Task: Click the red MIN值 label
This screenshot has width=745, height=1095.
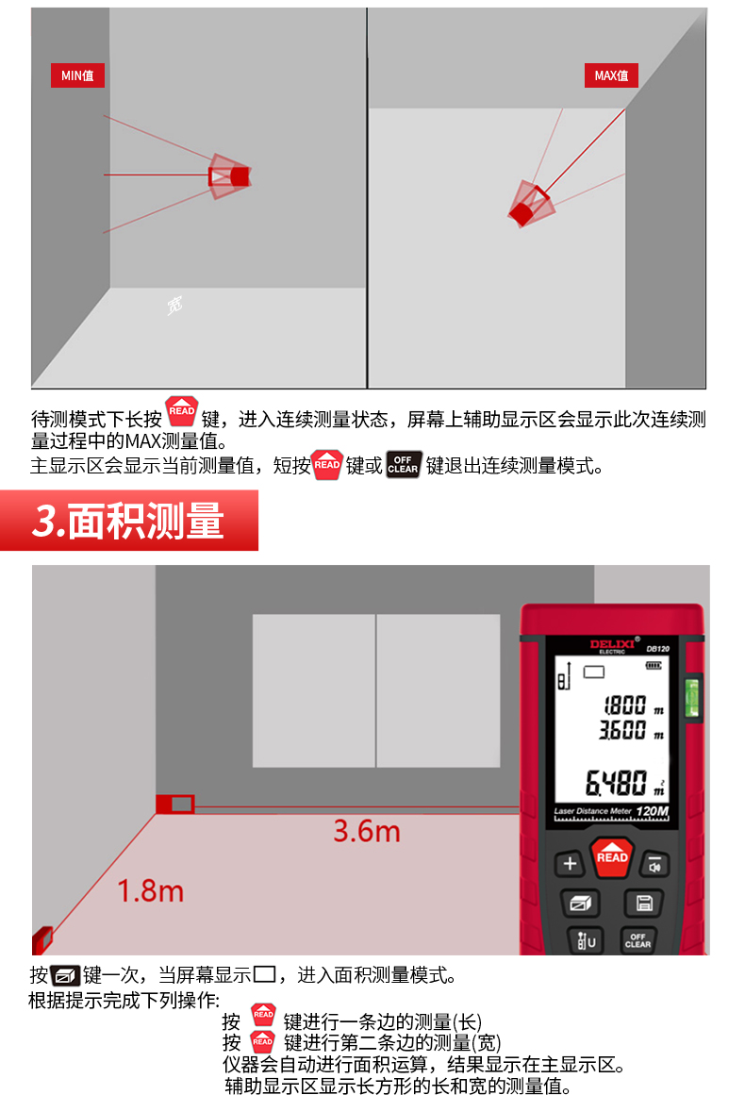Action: click(77, 75)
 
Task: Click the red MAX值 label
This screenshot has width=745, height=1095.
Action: click(611, 75)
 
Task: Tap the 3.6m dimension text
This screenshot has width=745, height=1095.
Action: click(367, 831)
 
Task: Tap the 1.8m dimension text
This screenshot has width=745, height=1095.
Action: click(150, 891)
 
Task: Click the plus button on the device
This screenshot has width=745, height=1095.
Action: click(570, 864)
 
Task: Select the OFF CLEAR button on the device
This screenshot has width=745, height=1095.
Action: click(637, 940)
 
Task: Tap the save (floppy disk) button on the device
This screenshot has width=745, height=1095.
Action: click(644, 903)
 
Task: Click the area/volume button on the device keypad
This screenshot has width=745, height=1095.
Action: click(580, 903)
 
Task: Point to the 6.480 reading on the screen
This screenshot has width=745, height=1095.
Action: click(616, 783)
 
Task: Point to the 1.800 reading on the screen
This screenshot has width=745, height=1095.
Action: click(625, 705)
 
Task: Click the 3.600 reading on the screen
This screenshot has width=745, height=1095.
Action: click(622, 730)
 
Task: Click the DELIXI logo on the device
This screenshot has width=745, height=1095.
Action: click(612, 645)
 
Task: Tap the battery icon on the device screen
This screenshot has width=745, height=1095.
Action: click(654, 666)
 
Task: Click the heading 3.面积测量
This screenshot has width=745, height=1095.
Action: click(128, 521)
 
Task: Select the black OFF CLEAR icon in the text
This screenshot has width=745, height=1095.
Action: click(404, 465)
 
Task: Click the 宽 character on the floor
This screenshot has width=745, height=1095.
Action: click(174, 305)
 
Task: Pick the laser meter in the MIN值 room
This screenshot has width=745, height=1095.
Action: click(229, 176)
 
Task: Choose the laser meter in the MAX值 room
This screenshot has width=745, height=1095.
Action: click(531, 204)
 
